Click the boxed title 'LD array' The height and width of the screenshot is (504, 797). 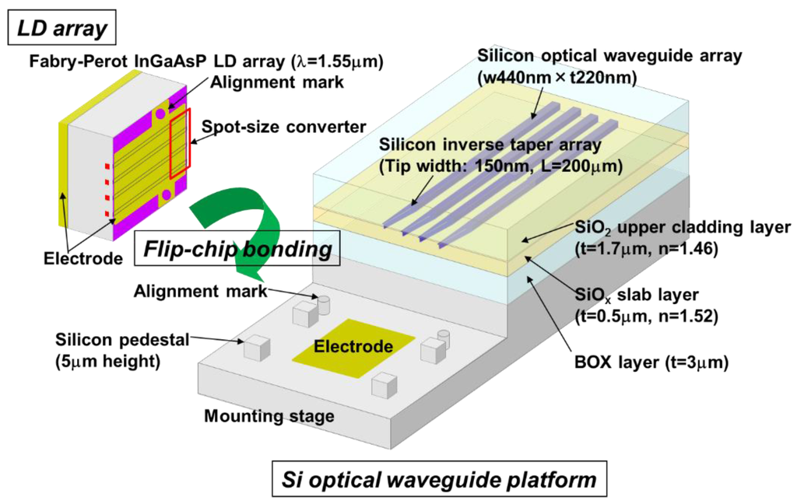[60, 29]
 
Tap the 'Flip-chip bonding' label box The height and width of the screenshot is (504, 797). [237, 250]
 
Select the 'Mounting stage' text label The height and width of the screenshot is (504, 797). [269, 416]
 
